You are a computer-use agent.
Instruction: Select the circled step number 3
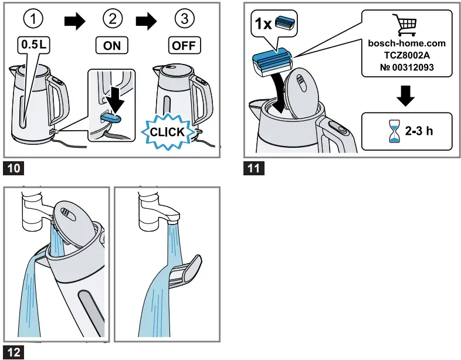pos(185,20)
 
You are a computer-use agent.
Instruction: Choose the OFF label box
pos(184,45)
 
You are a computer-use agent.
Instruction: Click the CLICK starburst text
pos(167,132)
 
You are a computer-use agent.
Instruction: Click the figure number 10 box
pos(15,169)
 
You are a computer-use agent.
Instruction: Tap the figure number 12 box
pos(15,352)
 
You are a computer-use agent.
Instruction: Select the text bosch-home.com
pos(406,43)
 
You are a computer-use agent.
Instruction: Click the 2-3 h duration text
pos(419,131)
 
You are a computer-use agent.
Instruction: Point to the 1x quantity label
pos(264,25)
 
